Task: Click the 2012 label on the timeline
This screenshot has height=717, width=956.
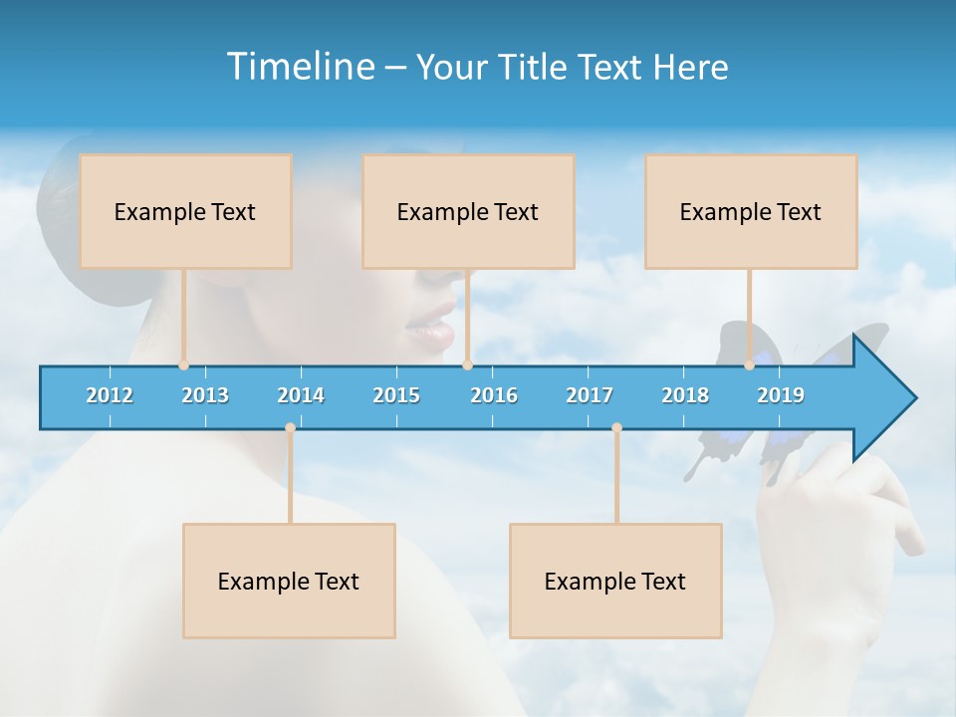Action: pos(110,395)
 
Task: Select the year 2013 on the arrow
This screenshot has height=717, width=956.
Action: pos(205,395)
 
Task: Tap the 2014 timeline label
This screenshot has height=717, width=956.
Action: pos(301,395)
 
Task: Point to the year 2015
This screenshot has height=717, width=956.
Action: pos(396,395)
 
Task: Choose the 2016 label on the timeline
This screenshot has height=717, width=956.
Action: pos(494,395)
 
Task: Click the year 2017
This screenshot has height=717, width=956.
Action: pos(590,395)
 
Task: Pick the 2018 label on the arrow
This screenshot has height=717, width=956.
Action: pos(685,395)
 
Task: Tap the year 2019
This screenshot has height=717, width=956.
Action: pos(781,395)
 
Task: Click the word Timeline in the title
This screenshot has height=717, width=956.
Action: pos(300,67)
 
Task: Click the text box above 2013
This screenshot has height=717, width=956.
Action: pos(185,211)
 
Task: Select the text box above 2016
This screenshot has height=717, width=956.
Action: pos(468,211)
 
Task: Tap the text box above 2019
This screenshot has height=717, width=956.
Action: pos(751,211)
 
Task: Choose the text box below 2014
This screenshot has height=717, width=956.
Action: pos(289,581)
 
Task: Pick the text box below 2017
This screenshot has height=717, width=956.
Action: pos(615,581)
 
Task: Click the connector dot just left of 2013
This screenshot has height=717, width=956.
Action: pos(183,365)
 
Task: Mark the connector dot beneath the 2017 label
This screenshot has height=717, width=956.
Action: pos(616,428)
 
